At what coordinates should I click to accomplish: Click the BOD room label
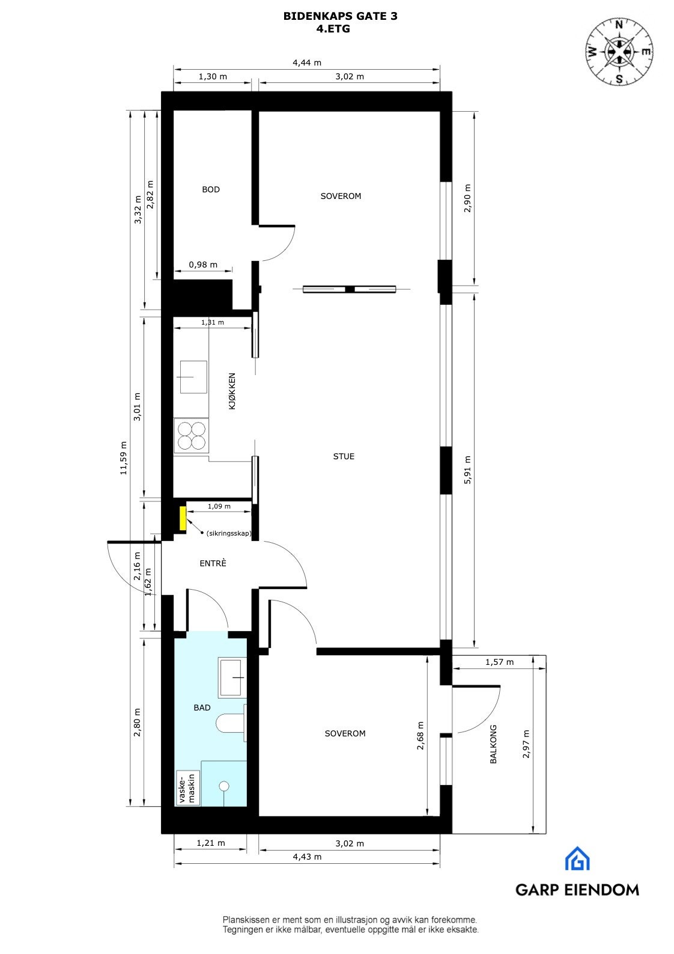pos(211,189)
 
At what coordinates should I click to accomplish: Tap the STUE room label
pos(344,456)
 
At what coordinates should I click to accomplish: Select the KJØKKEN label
pos(232,391)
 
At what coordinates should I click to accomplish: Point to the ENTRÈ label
pos(213,564)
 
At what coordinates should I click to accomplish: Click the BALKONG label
pos(493,744)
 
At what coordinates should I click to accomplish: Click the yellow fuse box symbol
pos(182,518)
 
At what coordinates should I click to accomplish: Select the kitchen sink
pos(193,377)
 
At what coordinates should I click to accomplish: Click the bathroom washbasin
pos(232,678)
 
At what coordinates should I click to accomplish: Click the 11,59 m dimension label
pos(124,458)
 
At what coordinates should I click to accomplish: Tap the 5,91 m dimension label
pos(468,469)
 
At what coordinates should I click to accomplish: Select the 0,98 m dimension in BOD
pos(203,264)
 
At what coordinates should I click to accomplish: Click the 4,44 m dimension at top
pos(306,63)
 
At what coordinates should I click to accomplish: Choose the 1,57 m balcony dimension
pos(499,662)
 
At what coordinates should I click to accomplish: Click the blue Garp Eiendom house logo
pos(577,859)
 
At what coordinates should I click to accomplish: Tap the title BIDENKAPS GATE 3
pos(340,17)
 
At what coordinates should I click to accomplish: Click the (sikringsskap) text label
pos(228,533)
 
